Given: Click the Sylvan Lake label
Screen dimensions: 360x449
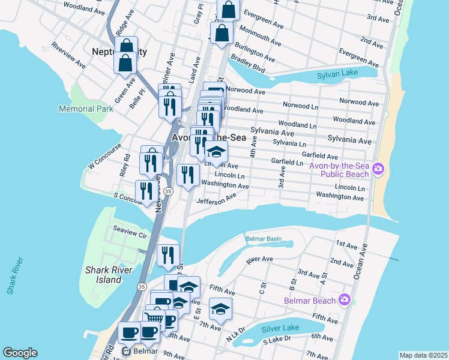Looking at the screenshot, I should click(340, 76).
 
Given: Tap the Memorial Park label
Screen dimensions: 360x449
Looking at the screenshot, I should click(86, 109).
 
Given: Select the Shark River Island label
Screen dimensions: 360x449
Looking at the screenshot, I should click(112, 275).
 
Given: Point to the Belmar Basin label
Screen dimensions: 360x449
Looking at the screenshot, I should click(264, 239).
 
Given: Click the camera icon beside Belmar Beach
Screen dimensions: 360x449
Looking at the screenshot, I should click(344, 299).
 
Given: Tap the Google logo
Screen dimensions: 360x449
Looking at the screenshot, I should click(20, 353).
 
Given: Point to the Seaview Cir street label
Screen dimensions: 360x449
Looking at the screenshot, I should click(130, 232).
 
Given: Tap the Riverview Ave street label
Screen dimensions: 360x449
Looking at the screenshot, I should click(68, 55).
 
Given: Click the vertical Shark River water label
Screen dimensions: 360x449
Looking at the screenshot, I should click(15, 276).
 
